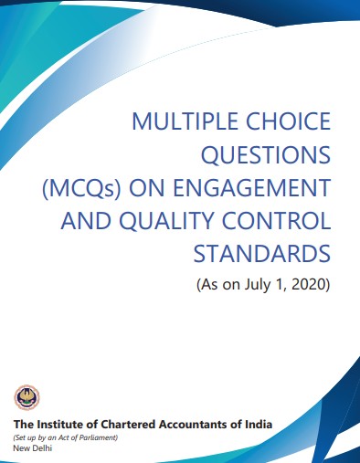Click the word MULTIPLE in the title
click(x=185, y=121)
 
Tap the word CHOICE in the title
click(x=288, y=121)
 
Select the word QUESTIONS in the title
click(x=266, y=154)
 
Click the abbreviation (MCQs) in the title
click(x=81, y=188)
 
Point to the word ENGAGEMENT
click(x=252, y=188)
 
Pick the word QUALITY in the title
click(x=167, y=221)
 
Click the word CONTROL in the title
click(x=276, y=221)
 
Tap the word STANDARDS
click(x=262, y=254)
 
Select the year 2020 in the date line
click(x=309, y=285)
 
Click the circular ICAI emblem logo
click(x=26, y=397)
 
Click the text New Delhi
click(x=33, y=448)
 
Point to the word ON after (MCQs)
click(x=147, y=188)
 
